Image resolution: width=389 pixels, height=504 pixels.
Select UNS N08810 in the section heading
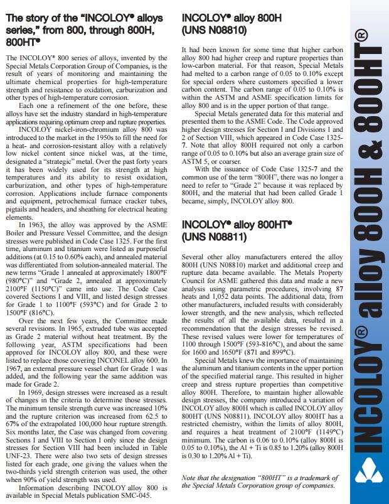pos(213,29)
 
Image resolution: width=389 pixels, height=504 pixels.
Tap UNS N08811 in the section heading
pos(213,237)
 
